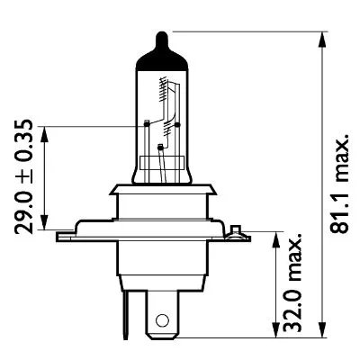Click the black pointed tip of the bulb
click(162, 39)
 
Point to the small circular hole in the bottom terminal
click(163, 319)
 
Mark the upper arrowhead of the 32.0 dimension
click(272, 236)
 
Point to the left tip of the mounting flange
click(58, 238)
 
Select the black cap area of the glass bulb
click(162, 54)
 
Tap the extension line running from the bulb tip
click(243, 31)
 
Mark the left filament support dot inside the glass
click(145, 121)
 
